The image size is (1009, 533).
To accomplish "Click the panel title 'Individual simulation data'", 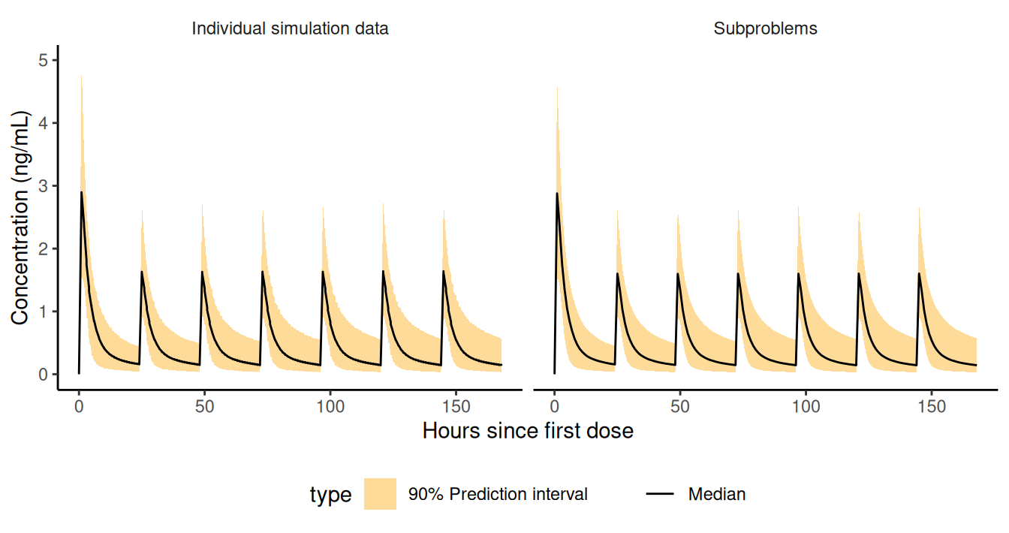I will [x=290, y=29].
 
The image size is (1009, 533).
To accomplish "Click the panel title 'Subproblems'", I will [x=765, y=29].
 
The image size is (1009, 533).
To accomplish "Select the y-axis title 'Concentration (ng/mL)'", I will [x=20, y=218].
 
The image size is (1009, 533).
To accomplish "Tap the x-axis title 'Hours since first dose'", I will [x=528, y=431].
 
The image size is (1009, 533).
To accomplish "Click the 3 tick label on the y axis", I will [x=43, y=185].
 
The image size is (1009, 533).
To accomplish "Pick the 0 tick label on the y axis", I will [x=43, y=374].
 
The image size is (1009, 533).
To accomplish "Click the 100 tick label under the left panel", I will [x=330, y=406].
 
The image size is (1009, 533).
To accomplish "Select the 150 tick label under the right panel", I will [x=932, y=406].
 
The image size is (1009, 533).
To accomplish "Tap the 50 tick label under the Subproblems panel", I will [x=680, y=406].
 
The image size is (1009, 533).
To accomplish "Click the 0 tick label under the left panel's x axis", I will [x=79, y=406].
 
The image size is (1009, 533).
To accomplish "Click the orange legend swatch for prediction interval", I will [x=380, y=494].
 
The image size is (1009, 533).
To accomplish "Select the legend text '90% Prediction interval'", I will [x=498, y=494].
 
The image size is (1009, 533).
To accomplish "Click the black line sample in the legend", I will [x=660, y=494].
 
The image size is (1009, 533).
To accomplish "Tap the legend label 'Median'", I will [x=717, y=494].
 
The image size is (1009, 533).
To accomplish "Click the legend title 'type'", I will [x=330, y=495].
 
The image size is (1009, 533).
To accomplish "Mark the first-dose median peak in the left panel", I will [x=82, y=192].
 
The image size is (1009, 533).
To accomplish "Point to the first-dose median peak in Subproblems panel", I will [x=557, y=193].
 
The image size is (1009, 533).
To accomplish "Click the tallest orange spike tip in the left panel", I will [x=81, y=75].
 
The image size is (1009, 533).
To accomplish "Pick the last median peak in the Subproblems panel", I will [x=919, y=273].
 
